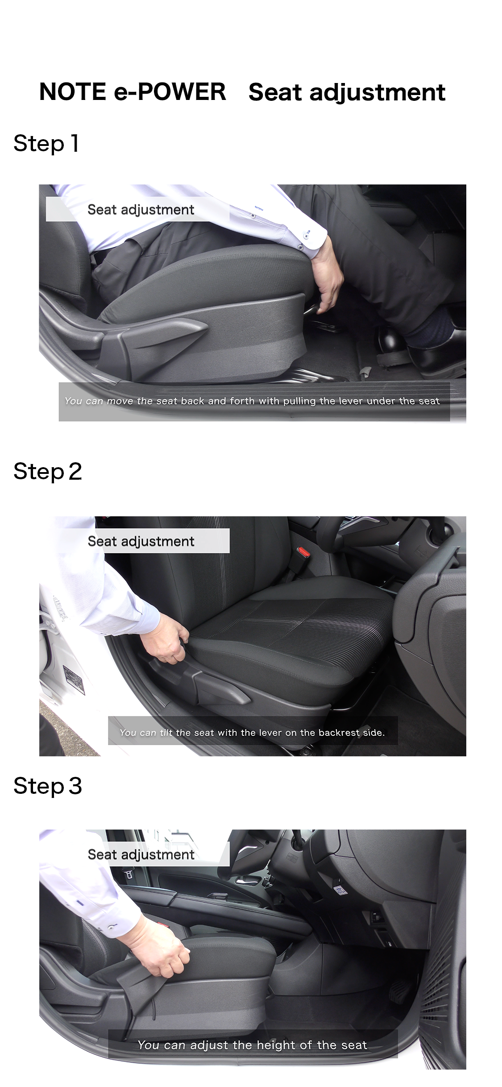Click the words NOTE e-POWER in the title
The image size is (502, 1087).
(133, 92)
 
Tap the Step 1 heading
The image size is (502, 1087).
(46, 144)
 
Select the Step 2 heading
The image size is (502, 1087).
(48, 472)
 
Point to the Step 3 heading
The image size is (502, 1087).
(48, 786)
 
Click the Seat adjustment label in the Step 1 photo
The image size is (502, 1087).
(141, 210)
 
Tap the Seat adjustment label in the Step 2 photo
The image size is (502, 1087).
(141, 541)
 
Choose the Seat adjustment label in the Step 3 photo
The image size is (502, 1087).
(141, 855)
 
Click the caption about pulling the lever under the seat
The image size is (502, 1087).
(252, 401)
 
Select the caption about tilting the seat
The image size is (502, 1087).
(252, 732)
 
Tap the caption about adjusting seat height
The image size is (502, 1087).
(252, 1045)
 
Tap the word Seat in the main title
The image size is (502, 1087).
(275, 92)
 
